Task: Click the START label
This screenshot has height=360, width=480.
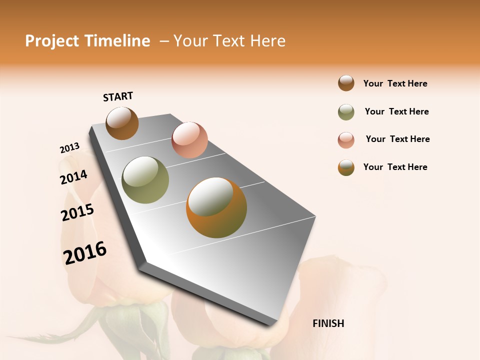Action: click(118, 96)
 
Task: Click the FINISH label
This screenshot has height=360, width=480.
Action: click(328, 323)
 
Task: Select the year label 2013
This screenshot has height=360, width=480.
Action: click(69, 148)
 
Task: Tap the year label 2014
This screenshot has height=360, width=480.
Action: click(73, 177)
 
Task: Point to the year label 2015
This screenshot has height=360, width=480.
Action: click(77, 212)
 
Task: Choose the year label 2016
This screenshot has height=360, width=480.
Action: click(85, 252)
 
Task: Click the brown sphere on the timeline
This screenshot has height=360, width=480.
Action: click(122, 123)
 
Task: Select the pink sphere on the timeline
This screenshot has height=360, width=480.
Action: click(189, 139)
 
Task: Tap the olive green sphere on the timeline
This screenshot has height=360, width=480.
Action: click(145, 180)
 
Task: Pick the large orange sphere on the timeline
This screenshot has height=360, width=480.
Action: click(216, 207)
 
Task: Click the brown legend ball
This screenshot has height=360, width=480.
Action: click(346, 83)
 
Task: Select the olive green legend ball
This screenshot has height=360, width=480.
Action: click(346, 112)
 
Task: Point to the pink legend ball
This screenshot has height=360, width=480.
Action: click(346, 140)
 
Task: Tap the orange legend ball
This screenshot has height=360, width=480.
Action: click(346, 167)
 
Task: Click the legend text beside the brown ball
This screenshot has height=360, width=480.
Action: click(395, 83)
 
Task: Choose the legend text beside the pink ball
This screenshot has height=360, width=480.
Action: click(397, 139)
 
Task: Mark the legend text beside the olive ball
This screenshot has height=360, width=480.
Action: click(396, 111)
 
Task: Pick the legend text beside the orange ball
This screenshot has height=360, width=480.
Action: click(395, 167)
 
